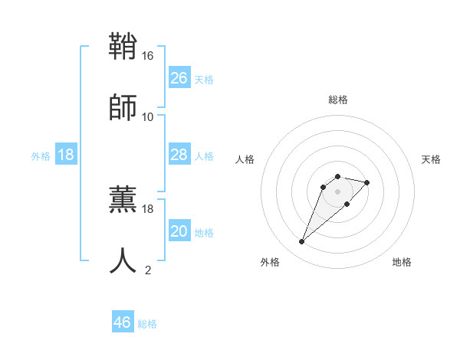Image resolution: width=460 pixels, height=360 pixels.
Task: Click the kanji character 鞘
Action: pos(123,47)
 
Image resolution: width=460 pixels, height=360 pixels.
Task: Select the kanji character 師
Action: pos(123,107)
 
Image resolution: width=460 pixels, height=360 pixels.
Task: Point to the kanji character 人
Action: pos(123,260)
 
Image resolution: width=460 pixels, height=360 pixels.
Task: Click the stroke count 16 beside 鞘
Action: pos(148,56)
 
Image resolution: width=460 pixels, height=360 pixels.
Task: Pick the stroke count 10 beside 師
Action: pos(148,117)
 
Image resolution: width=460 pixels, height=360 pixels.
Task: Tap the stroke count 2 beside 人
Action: pos(148,270)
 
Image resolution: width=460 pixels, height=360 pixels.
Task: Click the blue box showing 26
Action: pos(179,78)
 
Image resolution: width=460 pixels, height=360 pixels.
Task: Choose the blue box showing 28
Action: pos(179,155)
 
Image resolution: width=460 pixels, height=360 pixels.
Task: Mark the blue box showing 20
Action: pos(179,231)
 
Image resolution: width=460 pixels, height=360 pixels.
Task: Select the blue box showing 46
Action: pos(123,322)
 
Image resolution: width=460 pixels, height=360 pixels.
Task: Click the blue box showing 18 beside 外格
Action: pos(66,155)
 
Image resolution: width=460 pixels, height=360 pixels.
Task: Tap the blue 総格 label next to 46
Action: pos(147,324)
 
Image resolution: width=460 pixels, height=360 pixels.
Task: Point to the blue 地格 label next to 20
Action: pos(204,233)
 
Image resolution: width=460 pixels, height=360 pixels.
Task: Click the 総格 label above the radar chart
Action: pos(337,100)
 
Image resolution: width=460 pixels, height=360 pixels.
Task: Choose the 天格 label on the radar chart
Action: pos(431,159)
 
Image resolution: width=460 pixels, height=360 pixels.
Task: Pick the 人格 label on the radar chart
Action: pos(245,159)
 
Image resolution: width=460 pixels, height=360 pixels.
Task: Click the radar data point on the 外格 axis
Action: pos(302,242)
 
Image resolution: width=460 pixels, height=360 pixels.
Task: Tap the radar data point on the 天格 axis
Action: pos(367,182)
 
